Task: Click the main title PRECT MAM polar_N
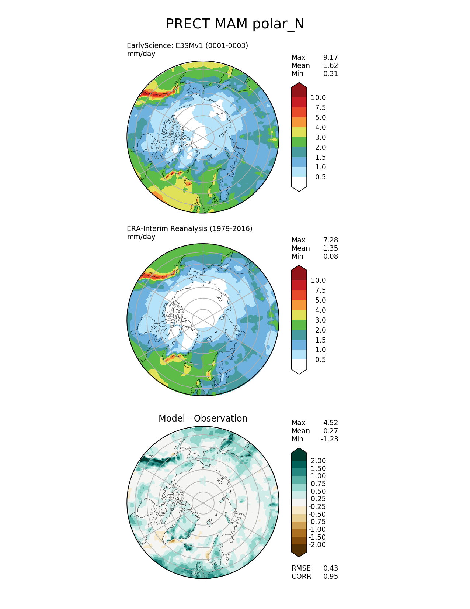pyautogui.click(x=235, y=24)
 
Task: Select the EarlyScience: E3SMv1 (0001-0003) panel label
pyautogui.click(x=187, y=46)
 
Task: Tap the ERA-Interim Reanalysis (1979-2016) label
pyautogui.click(x=189, y=229)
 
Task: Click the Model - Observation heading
pyautogui.click(x=203, y=419)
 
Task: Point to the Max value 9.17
pyautogui.click(x=330, y=58)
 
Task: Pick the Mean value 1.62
pyautogui.click(x=330, y=66)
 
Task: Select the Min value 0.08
pyautogui.click(x=330, y=257)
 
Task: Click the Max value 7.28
pyautogui.click(x=330, y=240)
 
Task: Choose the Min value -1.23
pyautogui.click(x=329, y=439)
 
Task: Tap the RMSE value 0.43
pyautogui.click(x=330, y=568)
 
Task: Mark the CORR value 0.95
pyautogui.click(x=330, y=577)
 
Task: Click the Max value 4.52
pyautogui.click(x=330, y=423)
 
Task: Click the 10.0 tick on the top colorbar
pyautogui.click(x=318, y=98)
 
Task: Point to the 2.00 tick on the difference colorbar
pyautogui.click(x=318, y=461)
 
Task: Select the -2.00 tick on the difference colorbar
pyautogui.click(x=317, y=545)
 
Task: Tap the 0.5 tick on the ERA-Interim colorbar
pyautogui.click(x=320, y=360)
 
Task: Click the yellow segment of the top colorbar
pyautogui.click(x=299, y=133)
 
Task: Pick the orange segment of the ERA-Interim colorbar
pyautogui.click(x=299, y=305)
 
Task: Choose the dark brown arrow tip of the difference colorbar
pyautogui.click(x=299, y=550)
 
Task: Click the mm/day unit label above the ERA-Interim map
pyautogui.click(x=141, y=237)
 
